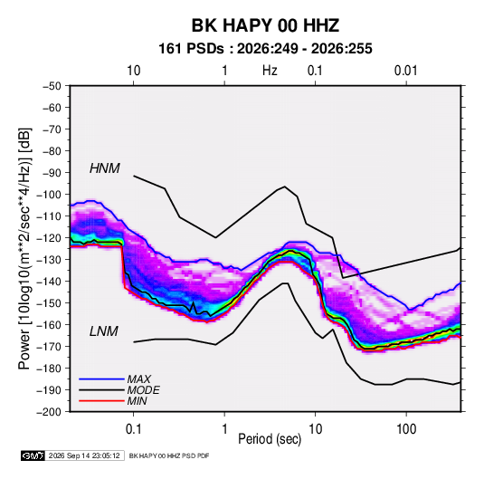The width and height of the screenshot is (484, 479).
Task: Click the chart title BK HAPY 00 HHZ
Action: (265, 25)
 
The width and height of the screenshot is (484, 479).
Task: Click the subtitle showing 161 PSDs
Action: (265, 49)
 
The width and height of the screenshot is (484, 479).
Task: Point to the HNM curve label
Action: (105, 168)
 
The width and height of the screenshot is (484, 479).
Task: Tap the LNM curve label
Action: (104, 331)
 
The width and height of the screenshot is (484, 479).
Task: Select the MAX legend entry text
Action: (139, 378)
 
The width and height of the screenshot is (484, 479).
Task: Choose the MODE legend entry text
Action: (143, 390)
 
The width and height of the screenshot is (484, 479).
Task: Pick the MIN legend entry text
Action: (137, 401)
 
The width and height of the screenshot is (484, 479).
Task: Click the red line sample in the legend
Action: (101, 401)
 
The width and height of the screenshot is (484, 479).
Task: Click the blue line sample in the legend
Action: (101, 378)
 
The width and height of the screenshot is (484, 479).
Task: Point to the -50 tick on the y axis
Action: (52, 86)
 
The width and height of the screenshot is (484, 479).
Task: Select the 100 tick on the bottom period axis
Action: (406, 429)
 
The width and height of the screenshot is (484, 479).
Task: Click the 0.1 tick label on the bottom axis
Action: (133, 429)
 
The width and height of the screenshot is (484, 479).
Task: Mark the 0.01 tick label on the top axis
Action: (406, 71)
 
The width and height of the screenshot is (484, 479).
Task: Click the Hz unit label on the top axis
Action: (270, 71)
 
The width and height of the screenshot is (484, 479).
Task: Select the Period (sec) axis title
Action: (270, 439)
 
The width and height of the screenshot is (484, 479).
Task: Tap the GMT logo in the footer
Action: (33, 455)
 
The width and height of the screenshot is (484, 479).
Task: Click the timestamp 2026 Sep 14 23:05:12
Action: (84, 455)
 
